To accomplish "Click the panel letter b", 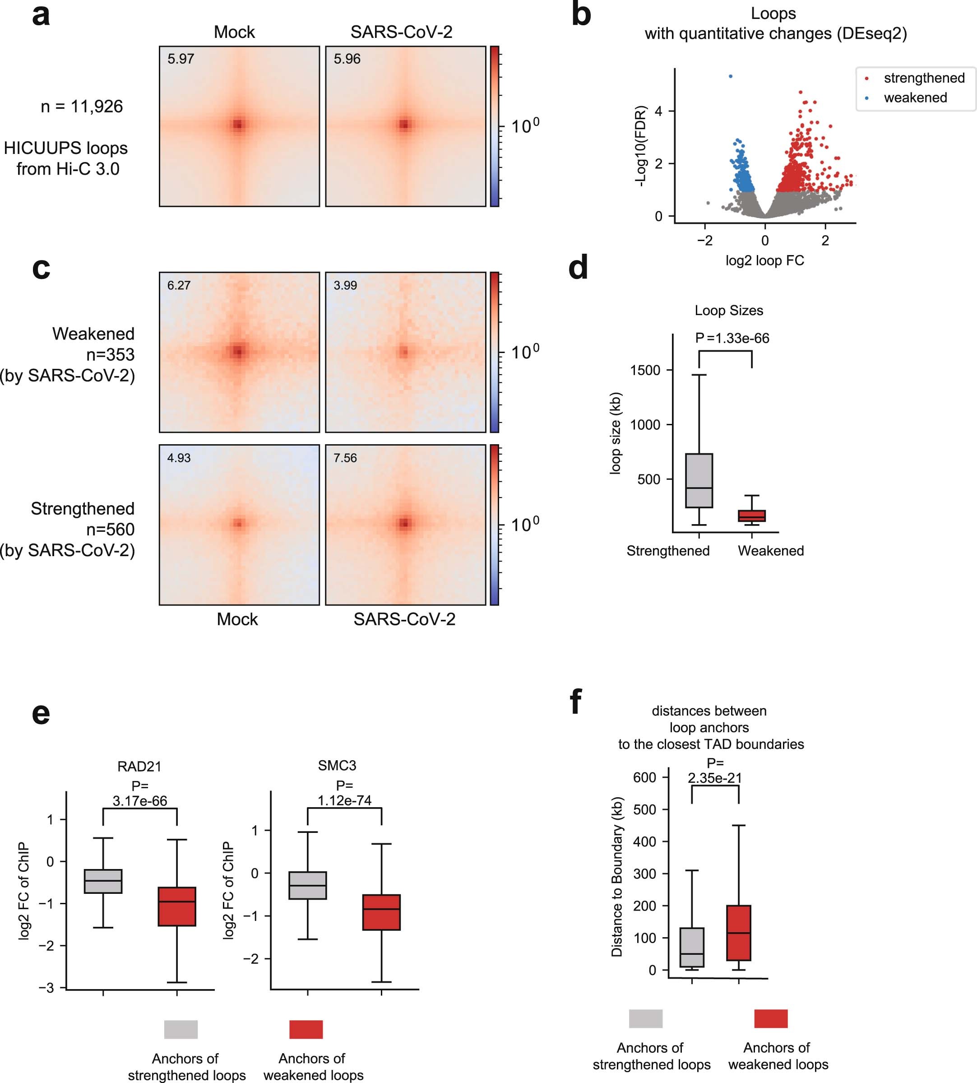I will click(x=581, y=14).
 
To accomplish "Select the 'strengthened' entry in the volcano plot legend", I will click(x=923, y=79).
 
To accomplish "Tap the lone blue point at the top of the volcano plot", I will click(x=731, y=76).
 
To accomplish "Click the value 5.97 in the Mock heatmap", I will click(x=181, y=59).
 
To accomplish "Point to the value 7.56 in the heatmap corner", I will click(x=345, y=458).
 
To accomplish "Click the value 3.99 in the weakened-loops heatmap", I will click(x=345, y=286).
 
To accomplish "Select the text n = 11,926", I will click(x=82, y=106).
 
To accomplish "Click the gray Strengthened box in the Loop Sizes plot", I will click(x=699, y=481).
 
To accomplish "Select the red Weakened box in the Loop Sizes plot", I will click(x=751, y=516).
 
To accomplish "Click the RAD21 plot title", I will click(x=139, y=766).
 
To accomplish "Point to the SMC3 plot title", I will click(x=337, y=765).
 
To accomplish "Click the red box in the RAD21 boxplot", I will click(x=176, y=906).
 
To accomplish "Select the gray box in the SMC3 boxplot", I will click(x=308, y=885).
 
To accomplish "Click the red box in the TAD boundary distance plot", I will click(x=739, y=933).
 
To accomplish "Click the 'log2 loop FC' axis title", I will click(x=764, y=261).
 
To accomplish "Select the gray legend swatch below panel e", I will click(x=181, y=1029).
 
